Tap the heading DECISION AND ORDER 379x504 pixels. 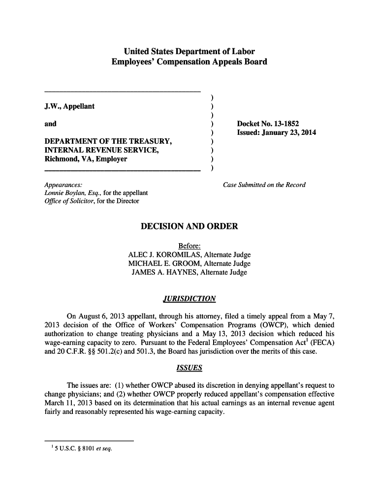[x=189, y=226]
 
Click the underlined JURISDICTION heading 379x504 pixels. [x=189, y=299]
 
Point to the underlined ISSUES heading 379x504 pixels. [x=189, y=368]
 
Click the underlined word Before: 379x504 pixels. [x=189, y=246]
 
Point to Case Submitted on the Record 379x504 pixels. [x=264, y=185]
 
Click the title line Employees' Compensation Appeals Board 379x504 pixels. [x=189, y=62]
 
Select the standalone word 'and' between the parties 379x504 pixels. [x=50, y=124]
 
